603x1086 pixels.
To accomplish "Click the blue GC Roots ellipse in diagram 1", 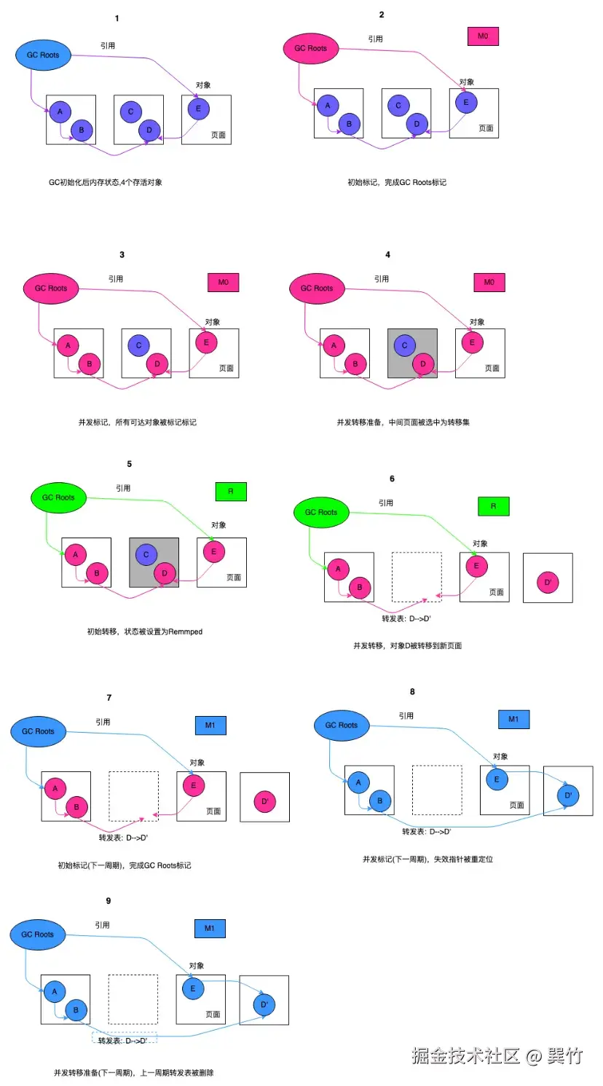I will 43,55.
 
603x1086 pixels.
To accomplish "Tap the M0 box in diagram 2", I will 483,36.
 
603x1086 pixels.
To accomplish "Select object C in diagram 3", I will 138,345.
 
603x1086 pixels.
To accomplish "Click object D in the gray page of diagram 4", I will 423,363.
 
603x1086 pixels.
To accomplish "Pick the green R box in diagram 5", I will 231,492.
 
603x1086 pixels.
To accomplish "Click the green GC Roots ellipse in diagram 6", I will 321,512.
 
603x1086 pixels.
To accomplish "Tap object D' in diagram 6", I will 548,582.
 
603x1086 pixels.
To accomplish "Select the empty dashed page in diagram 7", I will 134,796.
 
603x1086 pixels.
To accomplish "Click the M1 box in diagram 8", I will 513,720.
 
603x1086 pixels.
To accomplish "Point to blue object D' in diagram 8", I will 568,795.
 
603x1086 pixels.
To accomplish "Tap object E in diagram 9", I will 193,988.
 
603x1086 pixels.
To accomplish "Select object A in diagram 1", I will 60,111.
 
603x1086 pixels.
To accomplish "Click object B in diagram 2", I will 349,124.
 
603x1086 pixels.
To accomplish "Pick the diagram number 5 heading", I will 130,464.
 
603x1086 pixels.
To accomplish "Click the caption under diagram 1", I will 106,182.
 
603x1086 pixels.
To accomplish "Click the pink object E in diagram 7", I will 194,785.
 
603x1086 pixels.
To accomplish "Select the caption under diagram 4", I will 403,422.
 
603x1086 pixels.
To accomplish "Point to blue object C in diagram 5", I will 146,554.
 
